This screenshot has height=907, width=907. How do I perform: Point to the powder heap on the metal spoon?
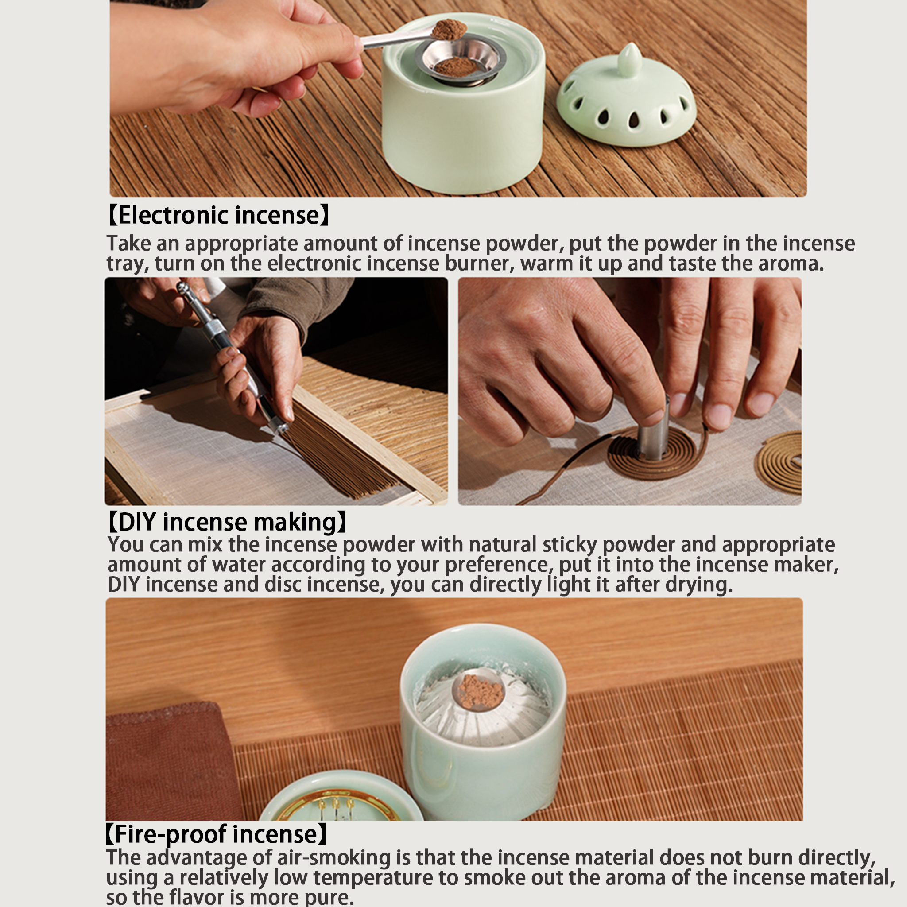(x=449, y=29)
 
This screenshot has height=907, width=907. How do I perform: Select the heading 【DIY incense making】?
(x=227, y=522)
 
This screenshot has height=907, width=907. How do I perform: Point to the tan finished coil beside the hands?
(x=779, y=462)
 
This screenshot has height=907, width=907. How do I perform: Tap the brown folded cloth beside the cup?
(x=172, y=760)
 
